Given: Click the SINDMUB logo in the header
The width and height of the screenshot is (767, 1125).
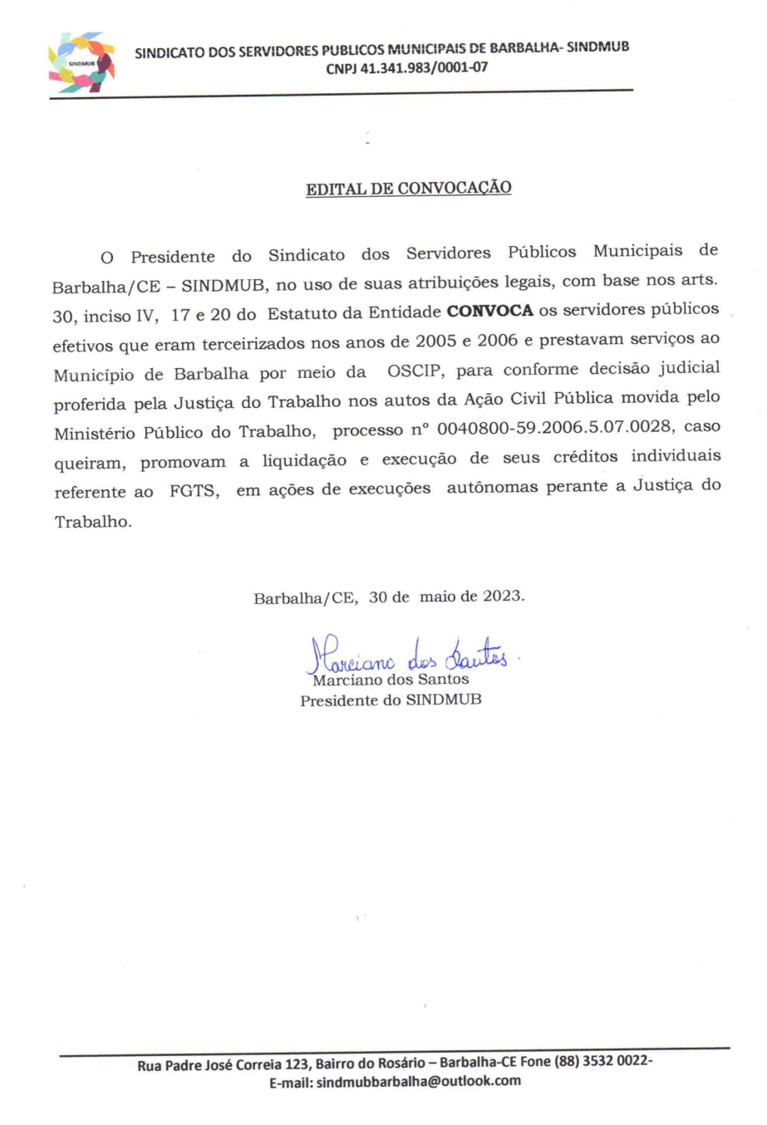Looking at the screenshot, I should coord(81,61).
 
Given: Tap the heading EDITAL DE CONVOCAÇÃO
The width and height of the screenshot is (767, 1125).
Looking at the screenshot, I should coord(408,189).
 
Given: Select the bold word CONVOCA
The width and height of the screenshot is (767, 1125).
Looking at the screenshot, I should coord(489,312).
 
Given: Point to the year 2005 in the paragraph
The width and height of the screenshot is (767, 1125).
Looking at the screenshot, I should coord(436,341).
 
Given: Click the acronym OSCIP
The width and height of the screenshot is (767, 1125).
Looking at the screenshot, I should coord(415,371).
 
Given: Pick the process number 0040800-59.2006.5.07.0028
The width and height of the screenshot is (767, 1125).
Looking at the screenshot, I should coord(553,428).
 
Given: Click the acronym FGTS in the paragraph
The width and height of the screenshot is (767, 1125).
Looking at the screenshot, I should coord(194,491).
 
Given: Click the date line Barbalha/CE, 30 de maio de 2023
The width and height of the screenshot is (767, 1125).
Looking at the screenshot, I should coord(389,597).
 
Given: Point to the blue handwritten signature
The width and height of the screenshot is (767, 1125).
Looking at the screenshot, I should coord(407,654).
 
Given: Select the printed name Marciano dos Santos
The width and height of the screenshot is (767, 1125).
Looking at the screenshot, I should coord(391,680).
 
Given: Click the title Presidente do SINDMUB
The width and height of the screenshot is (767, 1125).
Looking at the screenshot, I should coord(391,700).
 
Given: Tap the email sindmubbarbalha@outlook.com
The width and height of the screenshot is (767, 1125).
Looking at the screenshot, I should coord(419,1081).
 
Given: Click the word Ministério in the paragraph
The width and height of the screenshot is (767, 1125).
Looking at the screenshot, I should coord(95,433).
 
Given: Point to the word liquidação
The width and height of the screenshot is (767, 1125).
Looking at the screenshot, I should coord(304,460).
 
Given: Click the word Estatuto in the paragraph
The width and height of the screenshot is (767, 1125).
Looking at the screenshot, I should coord(304,313).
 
